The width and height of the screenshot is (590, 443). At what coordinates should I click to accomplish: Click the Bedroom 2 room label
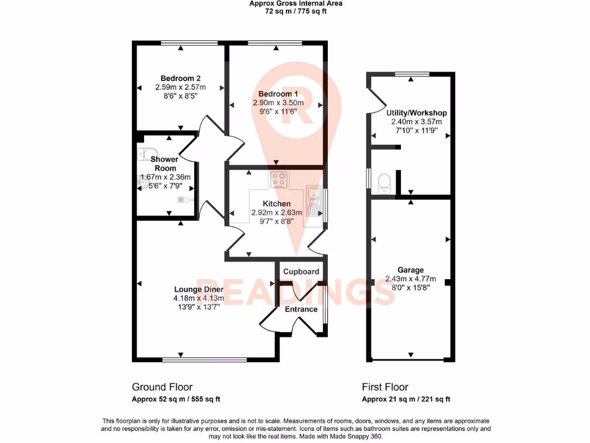coord(180,78)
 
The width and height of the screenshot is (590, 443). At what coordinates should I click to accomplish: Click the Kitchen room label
coord(277,204)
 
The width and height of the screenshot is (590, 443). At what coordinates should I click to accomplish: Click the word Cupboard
coord(301,272)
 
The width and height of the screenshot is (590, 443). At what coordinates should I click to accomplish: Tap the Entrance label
coord(301,309)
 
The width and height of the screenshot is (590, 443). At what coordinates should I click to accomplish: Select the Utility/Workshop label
coord(417,113)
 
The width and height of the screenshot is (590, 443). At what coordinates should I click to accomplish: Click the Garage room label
coord(411,270)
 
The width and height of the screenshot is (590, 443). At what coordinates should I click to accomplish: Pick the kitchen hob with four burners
coord(279,180)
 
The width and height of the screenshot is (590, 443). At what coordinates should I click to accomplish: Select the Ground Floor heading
coord(162,387)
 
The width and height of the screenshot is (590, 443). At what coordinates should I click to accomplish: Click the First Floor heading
coord(385,387)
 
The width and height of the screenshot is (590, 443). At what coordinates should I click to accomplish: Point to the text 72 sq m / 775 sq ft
coord(296,11)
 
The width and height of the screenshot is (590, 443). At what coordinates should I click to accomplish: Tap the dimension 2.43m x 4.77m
coord(411,279)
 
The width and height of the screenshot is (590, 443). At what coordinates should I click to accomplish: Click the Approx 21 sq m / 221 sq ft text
coord(406,399)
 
